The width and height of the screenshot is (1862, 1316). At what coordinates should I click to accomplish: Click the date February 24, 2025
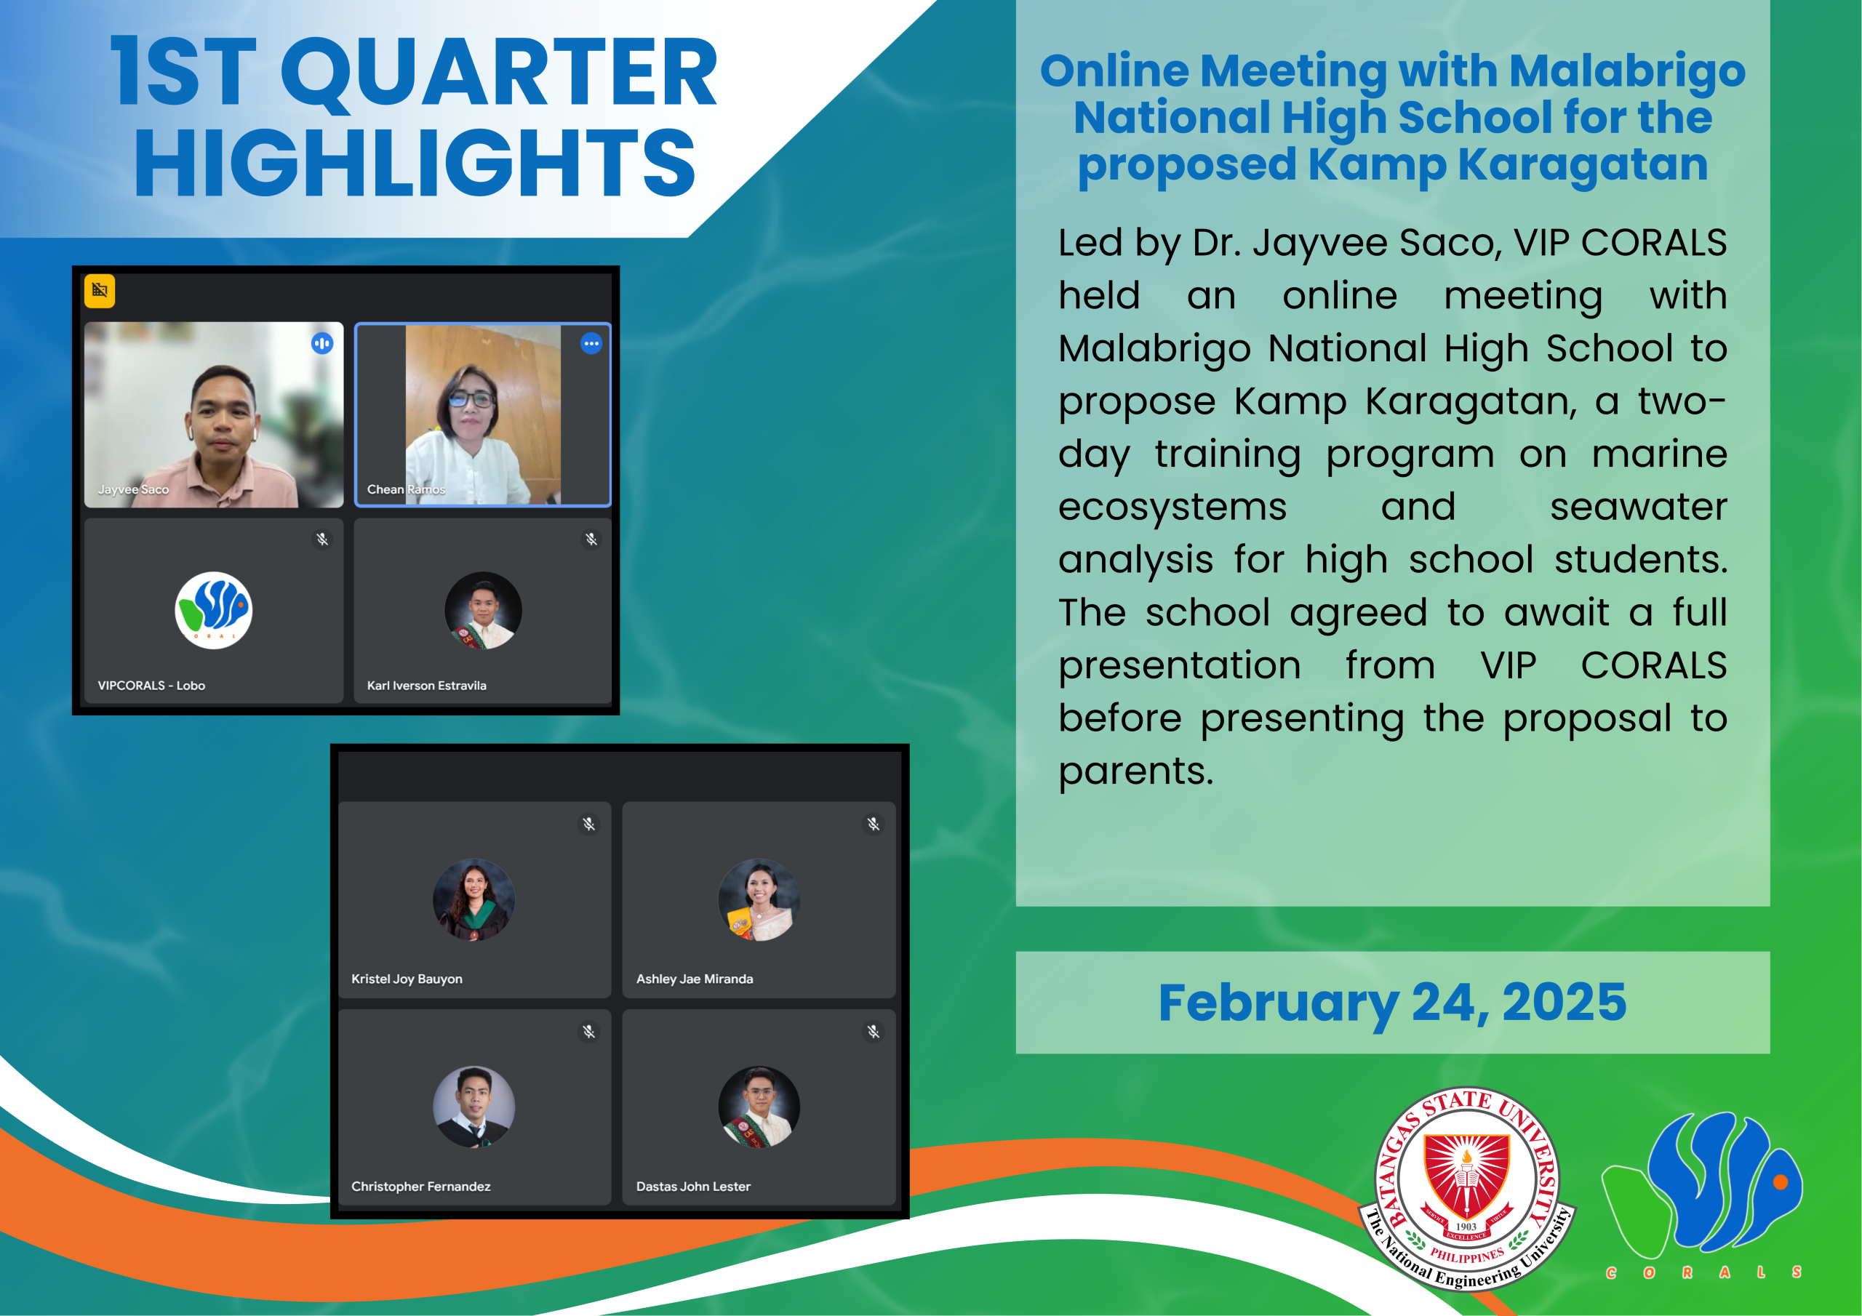tap(1391, 1003)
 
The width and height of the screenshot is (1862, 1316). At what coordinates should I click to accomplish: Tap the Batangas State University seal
tap(1466, 1188)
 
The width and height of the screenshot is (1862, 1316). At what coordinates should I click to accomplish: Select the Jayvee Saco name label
tap(133, 490)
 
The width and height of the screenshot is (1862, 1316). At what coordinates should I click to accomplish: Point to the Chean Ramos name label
tap(405, 490)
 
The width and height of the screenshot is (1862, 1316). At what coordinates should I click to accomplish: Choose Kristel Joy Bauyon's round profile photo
tap(474, 899)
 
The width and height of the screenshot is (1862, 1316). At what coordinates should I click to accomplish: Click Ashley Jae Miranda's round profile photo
tap(759, 899)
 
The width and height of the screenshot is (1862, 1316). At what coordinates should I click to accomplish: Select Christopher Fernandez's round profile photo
tap(474, 1107)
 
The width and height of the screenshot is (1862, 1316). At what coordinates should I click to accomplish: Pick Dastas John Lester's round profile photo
tap(759, 1107)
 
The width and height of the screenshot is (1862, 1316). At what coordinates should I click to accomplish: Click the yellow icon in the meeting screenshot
tap(100, 290)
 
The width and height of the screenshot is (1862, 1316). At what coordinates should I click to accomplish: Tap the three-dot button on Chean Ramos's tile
tap(591, 344)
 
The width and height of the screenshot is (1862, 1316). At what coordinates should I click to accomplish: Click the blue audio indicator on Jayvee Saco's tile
tap(322, 344)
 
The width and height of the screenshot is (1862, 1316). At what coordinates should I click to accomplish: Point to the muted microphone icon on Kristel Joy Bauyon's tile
tap(588, 824)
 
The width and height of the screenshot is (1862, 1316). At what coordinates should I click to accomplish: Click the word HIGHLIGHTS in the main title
tap(415, 164)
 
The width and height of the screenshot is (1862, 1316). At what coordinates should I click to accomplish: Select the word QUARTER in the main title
tap(499, 73)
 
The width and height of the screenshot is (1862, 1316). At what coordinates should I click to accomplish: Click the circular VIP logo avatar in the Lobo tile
tap(213, 611)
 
